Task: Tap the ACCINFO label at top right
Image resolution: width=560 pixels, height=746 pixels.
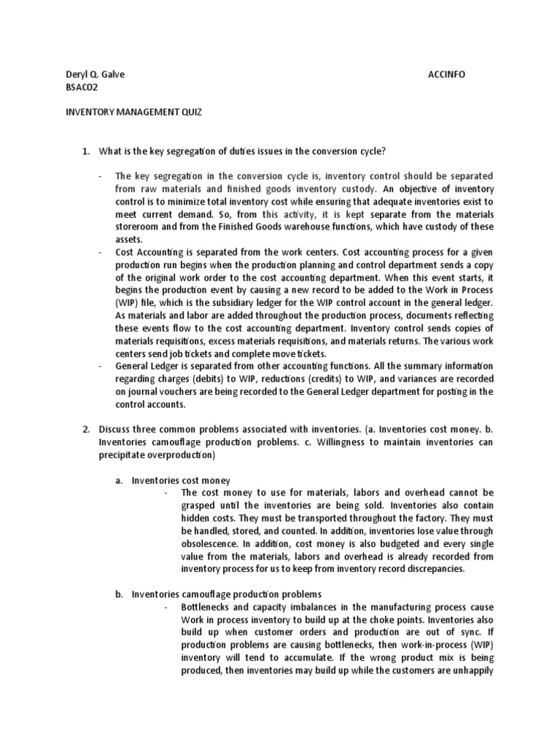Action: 446,74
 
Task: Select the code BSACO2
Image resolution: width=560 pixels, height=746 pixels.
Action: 81,87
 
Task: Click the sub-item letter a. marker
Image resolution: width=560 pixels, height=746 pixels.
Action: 119,480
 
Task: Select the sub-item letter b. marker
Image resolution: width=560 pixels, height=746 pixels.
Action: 119,594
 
